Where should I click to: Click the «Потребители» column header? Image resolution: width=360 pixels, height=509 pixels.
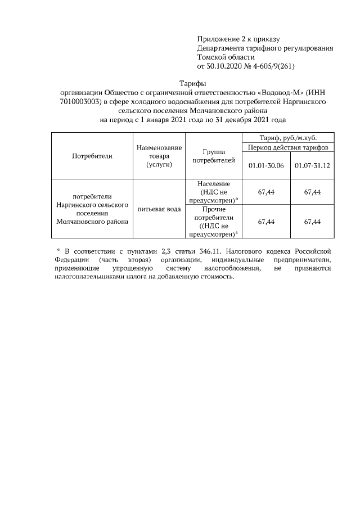[92, 156]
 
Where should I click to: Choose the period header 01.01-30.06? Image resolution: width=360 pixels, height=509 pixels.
[265, 165]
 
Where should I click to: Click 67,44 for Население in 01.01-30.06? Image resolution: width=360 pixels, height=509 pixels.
[265, 192]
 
